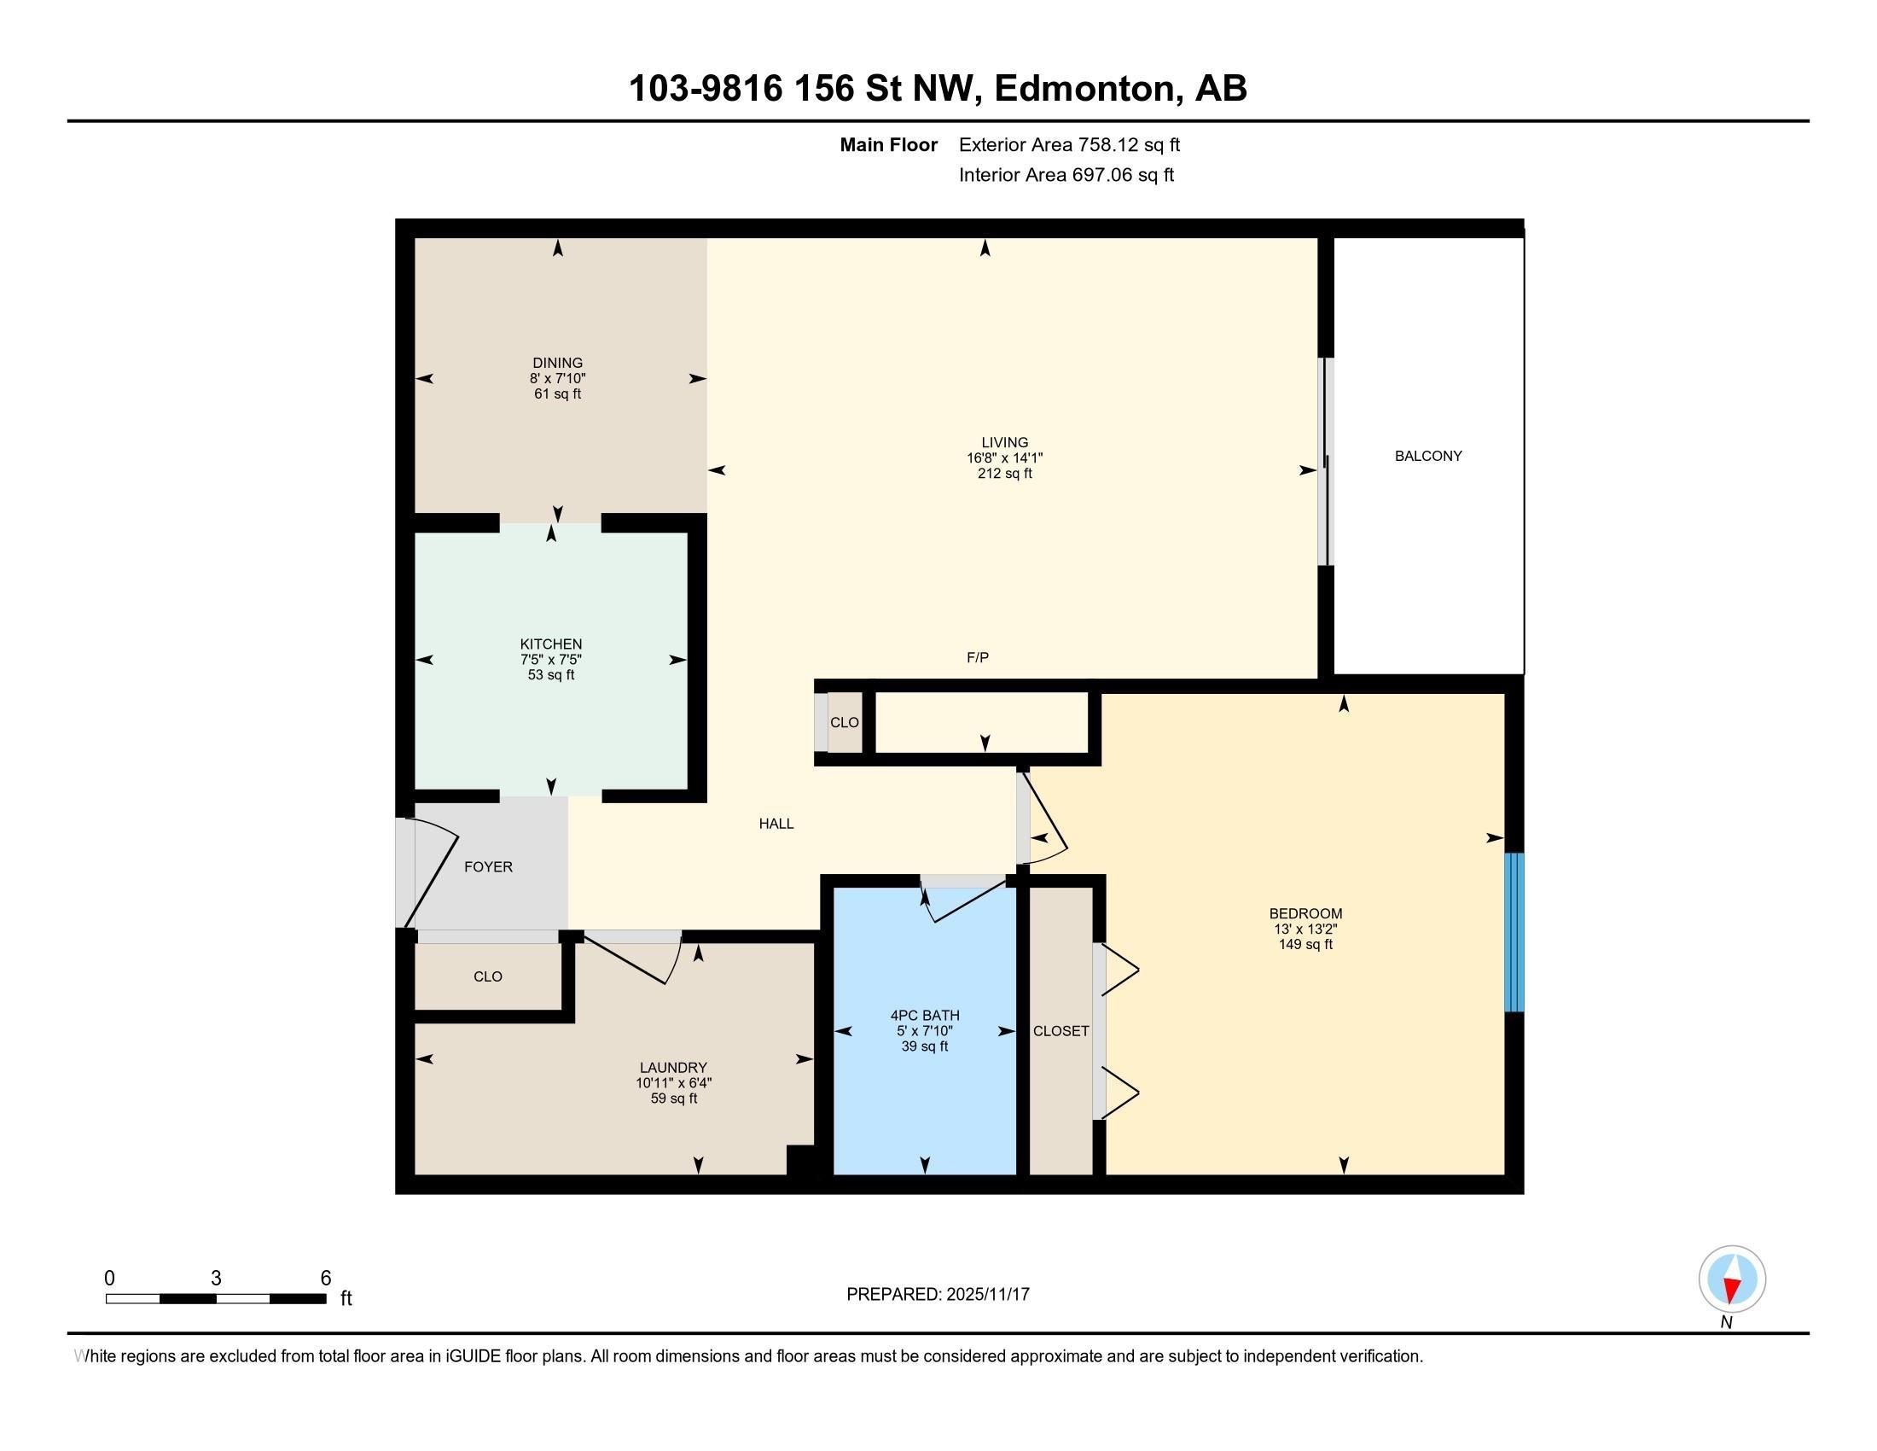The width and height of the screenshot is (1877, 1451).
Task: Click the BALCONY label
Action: tap(1427, 456)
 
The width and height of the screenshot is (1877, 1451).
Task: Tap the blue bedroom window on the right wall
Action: tap(1514, 932)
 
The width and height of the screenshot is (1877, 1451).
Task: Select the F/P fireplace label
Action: tap(977, 657)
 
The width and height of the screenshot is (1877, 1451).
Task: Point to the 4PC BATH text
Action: tap(925, 1015)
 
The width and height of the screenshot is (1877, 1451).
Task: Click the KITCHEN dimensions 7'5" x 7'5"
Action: tap(551, 659)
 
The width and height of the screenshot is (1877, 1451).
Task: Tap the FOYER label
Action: tap(488, 866)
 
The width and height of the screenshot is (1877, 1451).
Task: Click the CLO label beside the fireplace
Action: tap(844, 722)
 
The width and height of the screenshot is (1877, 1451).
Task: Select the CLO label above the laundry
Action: tap(487, 976)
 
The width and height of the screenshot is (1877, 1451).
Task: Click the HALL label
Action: tap(776, 824)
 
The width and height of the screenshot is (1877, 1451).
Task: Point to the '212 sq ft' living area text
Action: tap(1004, 474)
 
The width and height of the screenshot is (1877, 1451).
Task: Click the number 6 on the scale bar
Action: tap(326, 1279)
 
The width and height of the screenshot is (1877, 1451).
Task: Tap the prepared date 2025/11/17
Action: tap(986, 1295)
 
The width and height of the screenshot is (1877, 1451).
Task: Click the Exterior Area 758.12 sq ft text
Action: tap(1069, 144)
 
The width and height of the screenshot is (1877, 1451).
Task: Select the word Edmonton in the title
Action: tap(1084, 89)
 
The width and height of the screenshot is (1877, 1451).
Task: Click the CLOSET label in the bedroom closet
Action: tap(1061, 1031)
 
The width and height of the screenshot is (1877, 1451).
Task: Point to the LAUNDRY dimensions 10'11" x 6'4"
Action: tap(673, 1083)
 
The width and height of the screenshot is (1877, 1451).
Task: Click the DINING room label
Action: tap(557, 363)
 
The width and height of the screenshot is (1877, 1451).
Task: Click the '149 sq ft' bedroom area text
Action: tap(1305, 944)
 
